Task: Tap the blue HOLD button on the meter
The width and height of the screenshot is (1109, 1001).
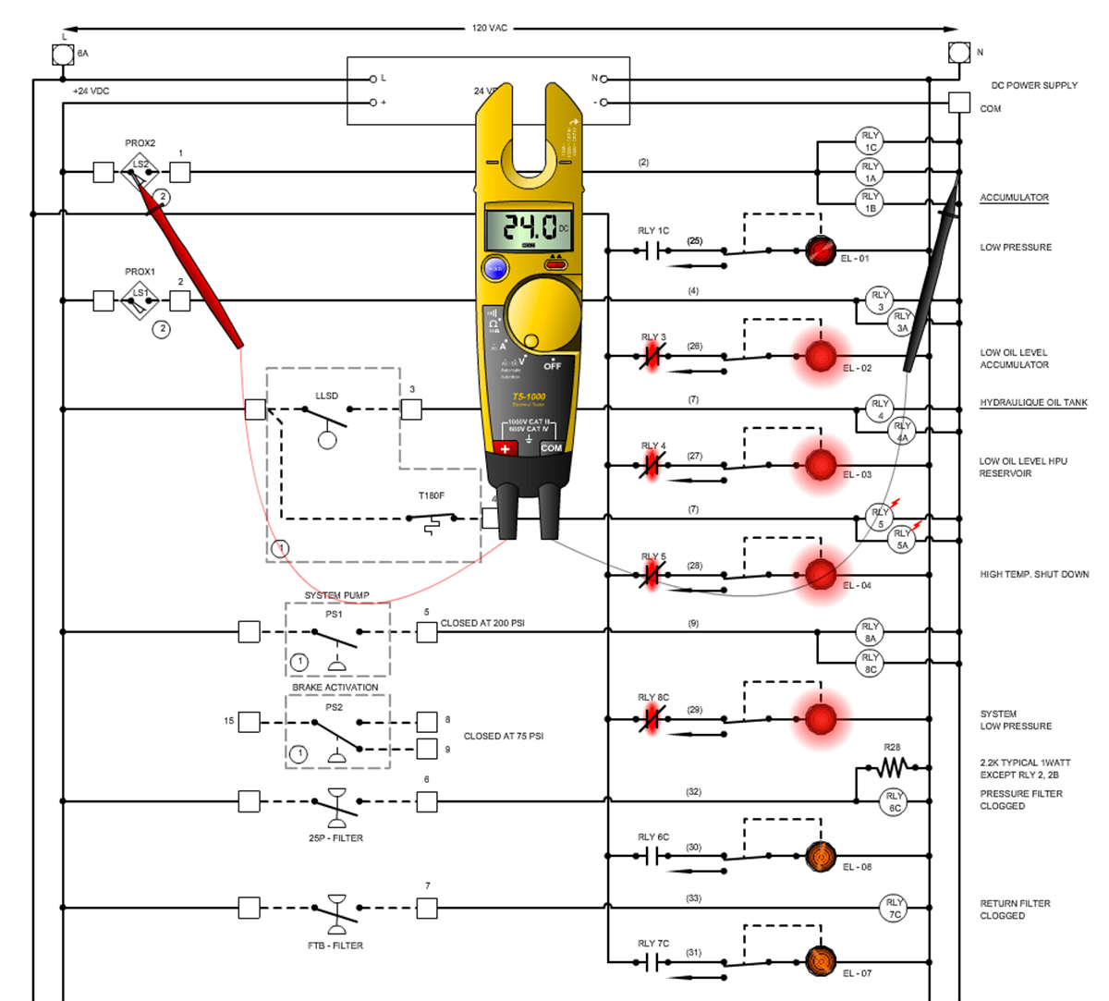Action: pos(495,268)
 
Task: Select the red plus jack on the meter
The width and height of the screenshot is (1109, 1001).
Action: pos(505,448)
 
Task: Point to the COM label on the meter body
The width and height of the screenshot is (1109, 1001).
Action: pos(552,448)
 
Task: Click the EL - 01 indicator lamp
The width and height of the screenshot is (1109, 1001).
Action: pos(820,250)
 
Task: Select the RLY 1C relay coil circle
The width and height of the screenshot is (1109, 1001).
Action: pos(870,141)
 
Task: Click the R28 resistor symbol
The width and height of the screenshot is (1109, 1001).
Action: pos(892,767)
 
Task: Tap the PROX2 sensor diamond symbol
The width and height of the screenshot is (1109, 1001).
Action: pos(140,171)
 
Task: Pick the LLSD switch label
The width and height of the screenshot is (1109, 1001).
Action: pos(326,396)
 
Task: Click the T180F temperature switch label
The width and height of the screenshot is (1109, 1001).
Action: pos(431,496)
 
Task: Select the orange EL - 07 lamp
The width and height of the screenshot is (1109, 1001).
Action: pos(820,962)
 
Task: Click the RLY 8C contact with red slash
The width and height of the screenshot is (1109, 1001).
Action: pos(652,718)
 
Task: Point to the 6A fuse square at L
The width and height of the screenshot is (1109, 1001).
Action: pos(62,55)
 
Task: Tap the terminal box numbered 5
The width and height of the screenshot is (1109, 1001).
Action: pos(426,632)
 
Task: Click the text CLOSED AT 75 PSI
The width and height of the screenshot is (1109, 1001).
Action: pos(503,737)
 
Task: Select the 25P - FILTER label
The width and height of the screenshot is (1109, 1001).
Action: pos(335,838)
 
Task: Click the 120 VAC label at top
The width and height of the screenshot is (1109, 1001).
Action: pos(490,29)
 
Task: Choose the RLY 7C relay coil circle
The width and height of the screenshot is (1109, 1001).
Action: pos(894,908)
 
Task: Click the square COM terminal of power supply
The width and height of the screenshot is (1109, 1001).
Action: pos(959,103)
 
